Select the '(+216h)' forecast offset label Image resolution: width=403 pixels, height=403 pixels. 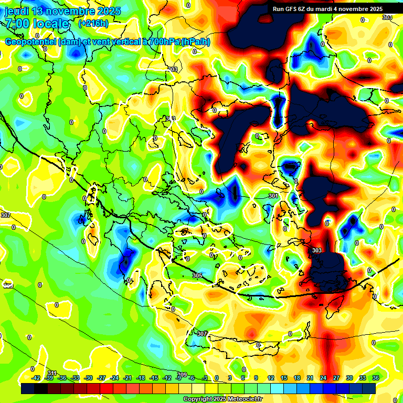click(93, 24)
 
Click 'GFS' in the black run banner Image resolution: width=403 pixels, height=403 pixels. click(294, 9)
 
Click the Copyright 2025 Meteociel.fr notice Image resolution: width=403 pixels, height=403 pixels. click(222, 399)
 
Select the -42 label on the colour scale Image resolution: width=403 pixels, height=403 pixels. click(36, 378)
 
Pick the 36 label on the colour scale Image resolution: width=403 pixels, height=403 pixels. click(375, 378)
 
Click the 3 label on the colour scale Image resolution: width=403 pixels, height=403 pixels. click(230, 378)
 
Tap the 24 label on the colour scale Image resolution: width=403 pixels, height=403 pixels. click(323, 378)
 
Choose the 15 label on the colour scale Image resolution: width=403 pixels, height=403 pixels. click(283, 378)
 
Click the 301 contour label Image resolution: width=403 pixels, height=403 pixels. click(273, 196)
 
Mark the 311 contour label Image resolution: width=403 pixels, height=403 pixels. click(51, 373)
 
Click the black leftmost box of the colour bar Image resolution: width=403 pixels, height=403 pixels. click(28, 388)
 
